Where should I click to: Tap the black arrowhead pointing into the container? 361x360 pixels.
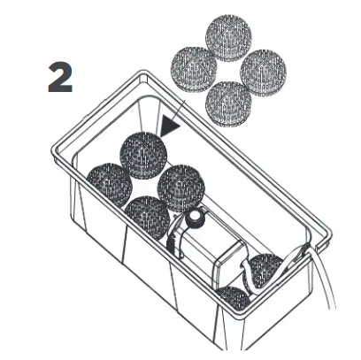pyautogui.click(x=170, y=128)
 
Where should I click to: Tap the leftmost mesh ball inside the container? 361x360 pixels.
pyautogui.click(x=108, y=184)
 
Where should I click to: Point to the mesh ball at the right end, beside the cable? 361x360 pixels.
pyautogui.click(x=264, y=271)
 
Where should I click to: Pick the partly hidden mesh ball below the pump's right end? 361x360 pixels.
pyautogui.click(x=234, y=298)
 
